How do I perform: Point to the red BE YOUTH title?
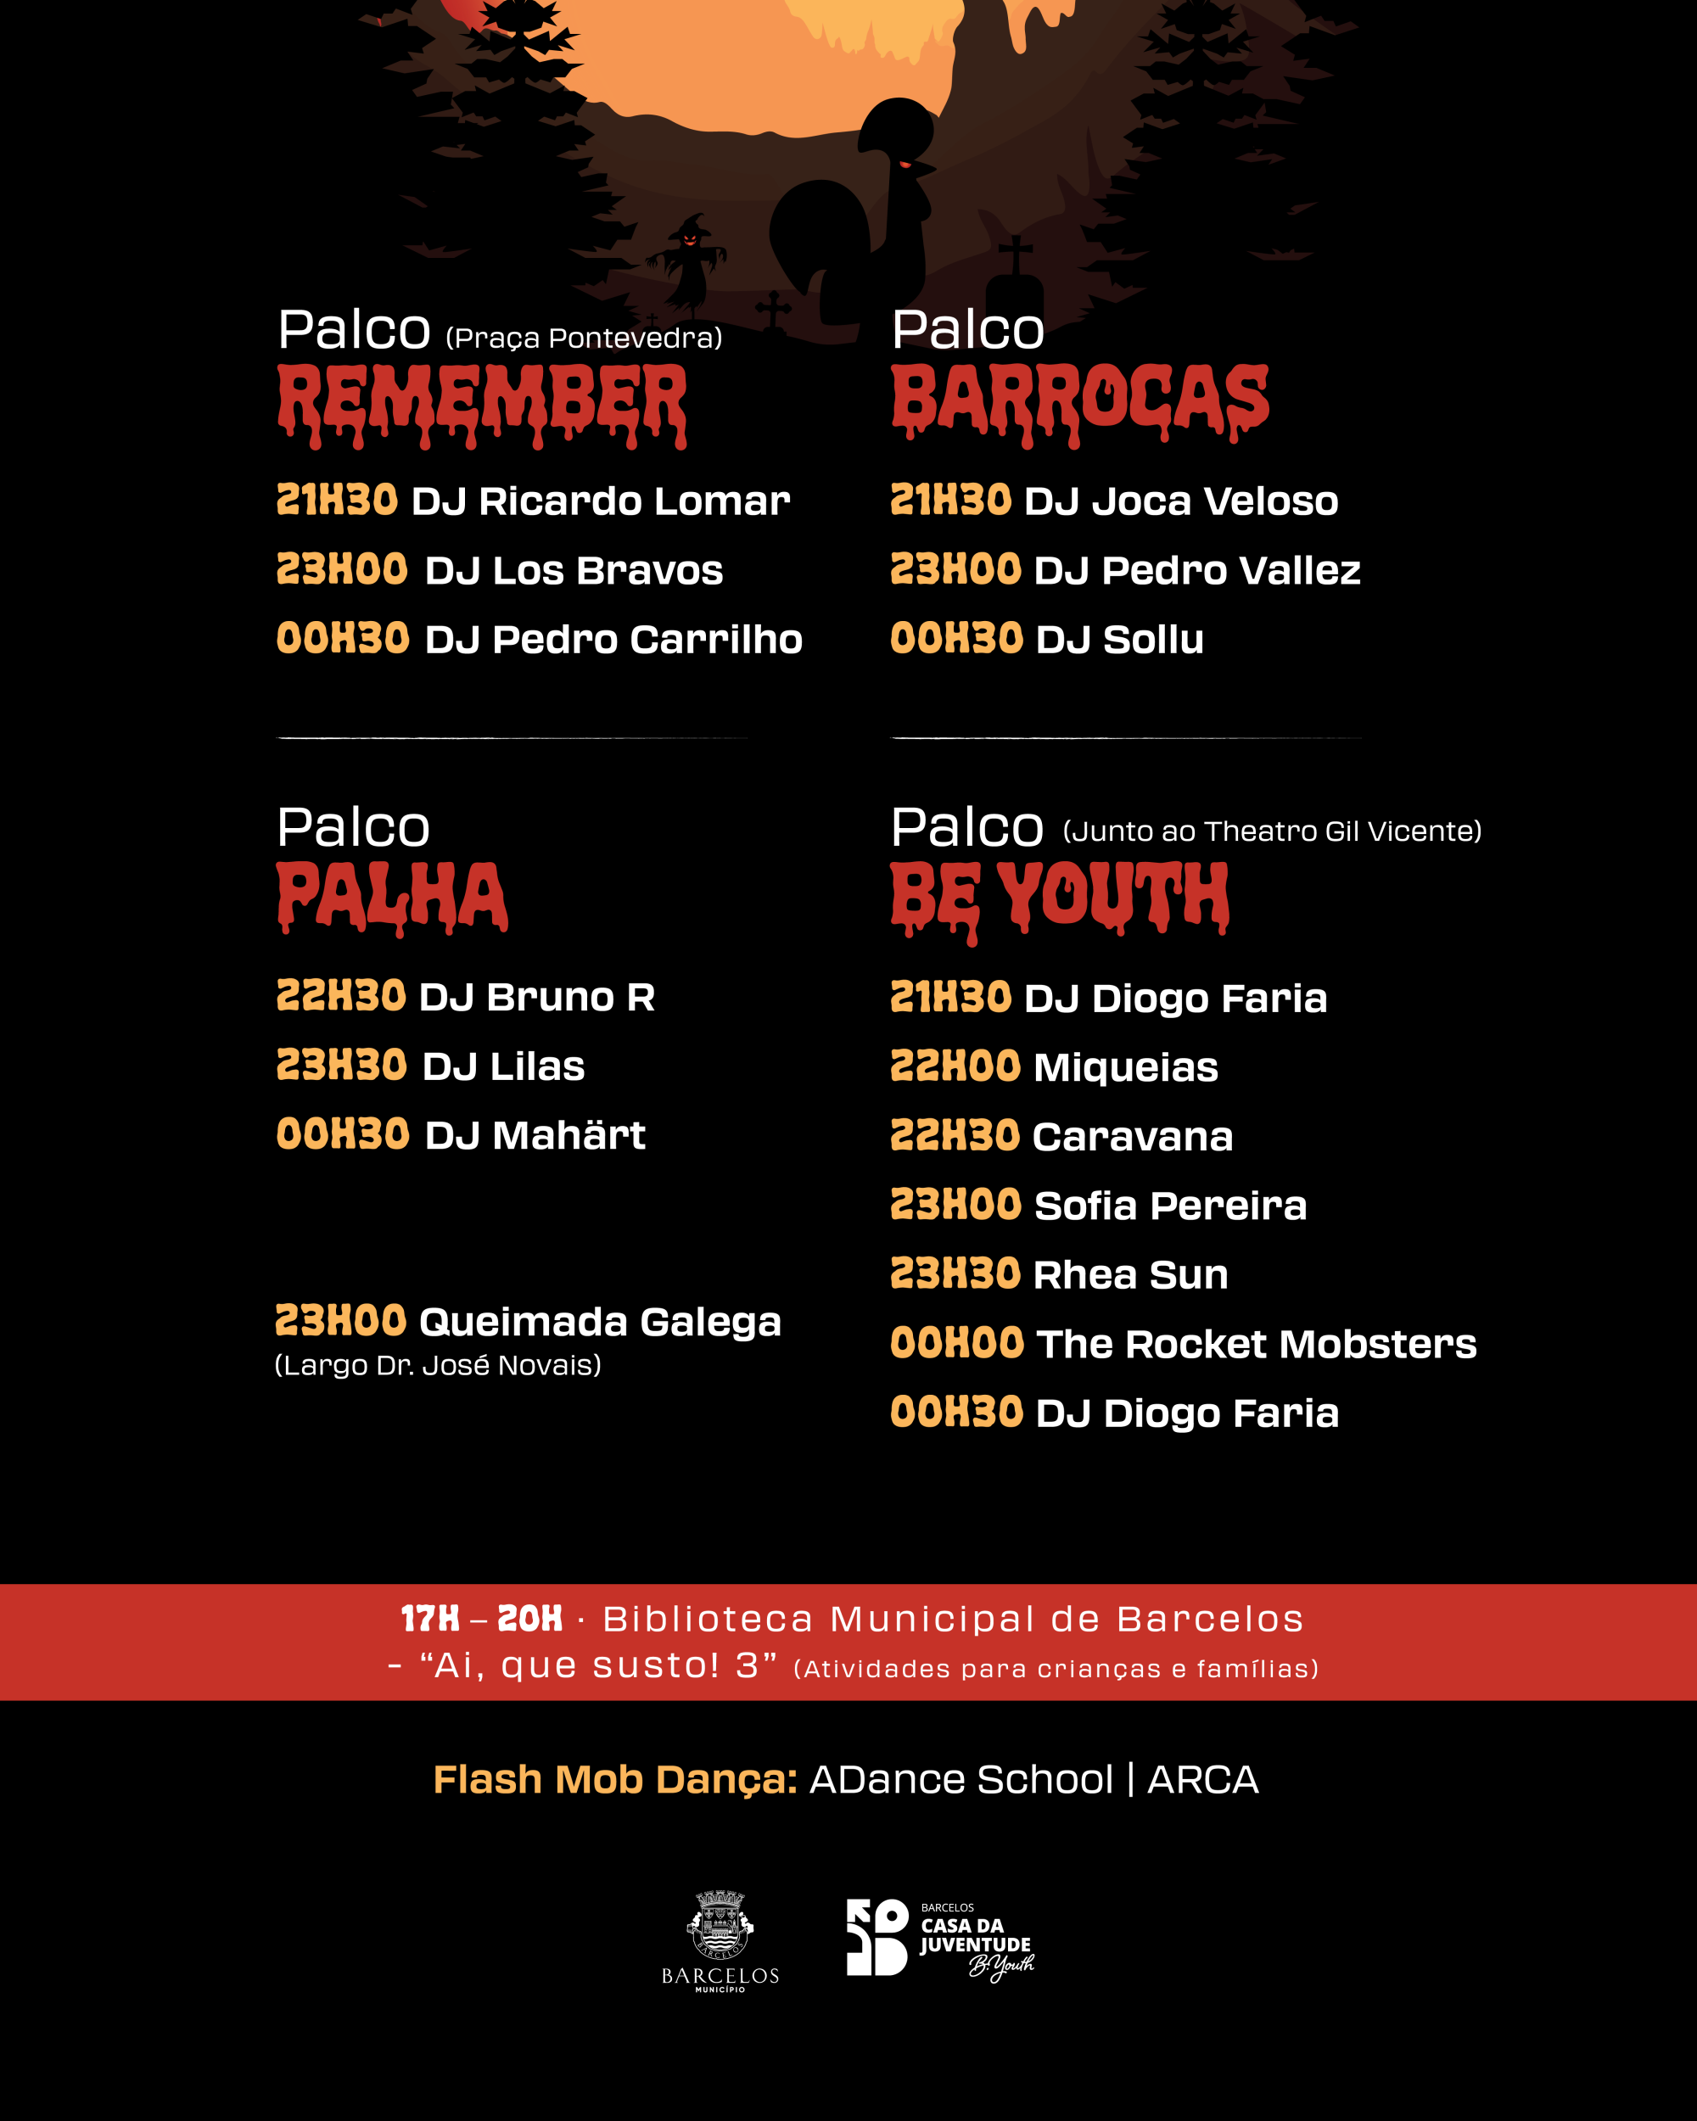click(1060, 898)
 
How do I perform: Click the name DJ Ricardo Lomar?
click(600, 501)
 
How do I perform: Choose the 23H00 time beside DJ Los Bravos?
click(341, 569)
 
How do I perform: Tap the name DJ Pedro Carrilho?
click(613, 640)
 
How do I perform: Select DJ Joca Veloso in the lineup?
click(1180, 501)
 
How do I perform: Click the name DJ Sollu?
click(1119, 640)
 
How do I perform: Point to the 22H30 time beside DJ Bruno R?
click(340, 997)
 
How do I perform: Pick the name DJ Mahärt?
click(535, 1135)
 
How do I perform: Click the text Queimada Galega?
click(600, 1322)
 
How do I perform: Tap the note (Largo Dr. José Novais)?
click(438, 1365)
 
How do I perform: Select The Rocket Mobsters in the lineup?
click(1255, 1344)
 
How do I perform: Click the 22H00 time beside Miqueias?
click(955, 1067)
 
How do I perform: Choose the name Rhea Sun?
click(1130, 1275)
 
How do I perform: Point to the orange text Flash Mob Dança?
click(615, 1780)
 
